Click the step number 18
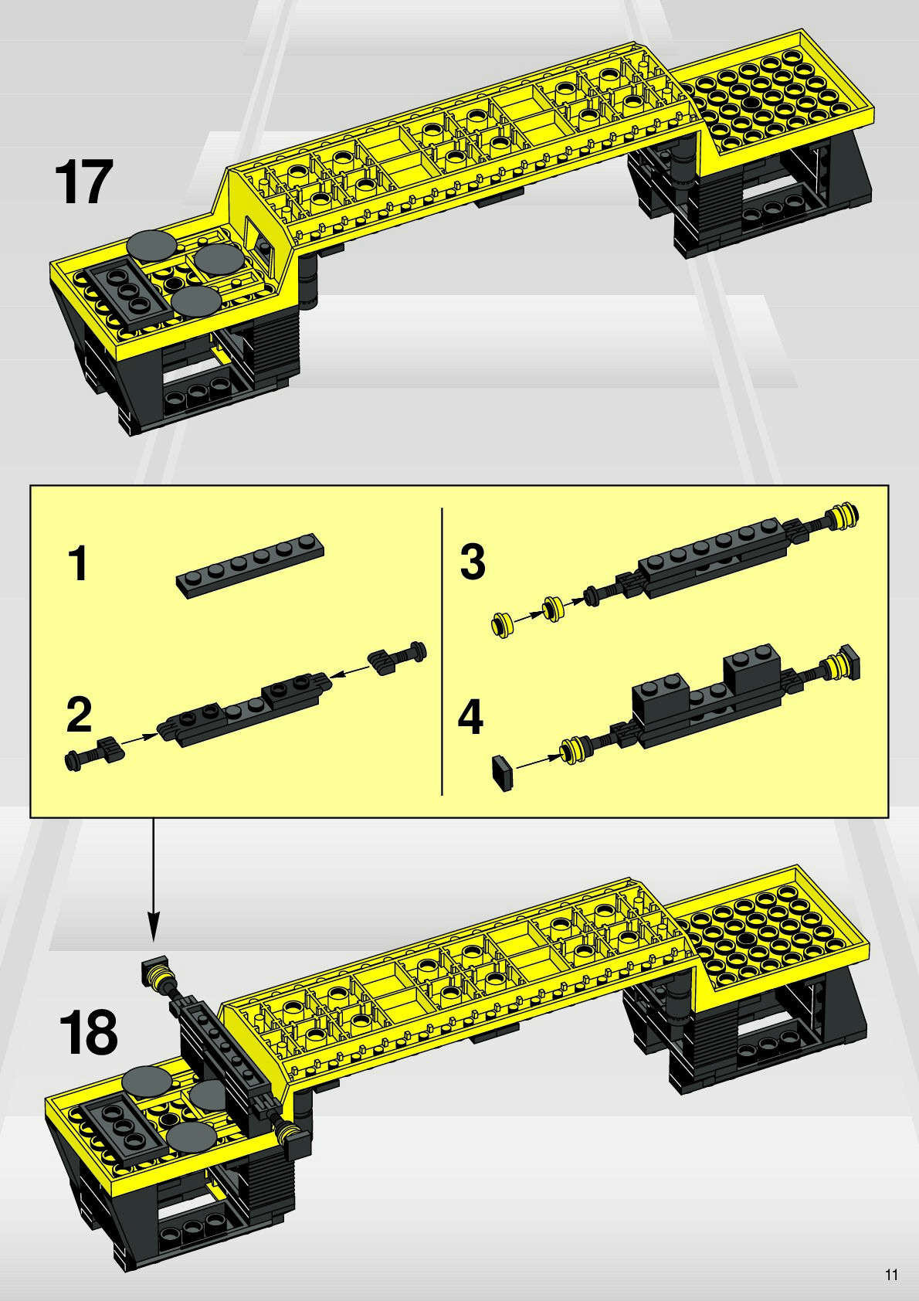89,1033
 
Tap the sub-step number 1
78,562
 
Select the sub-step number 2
79,715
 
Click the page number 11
892,1276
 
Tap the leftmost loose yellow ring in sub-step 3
503,625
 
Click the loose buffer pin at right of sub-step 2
397,657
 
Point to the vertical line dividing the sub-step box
443,651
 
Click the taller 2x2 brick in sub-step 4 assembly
751,668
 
